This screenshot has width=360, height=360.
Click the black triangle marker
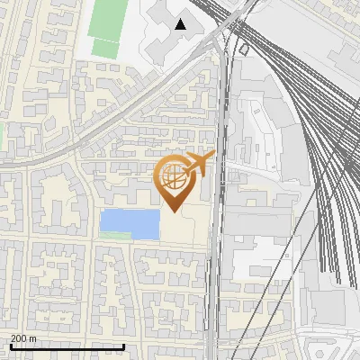click(x=182, y=24)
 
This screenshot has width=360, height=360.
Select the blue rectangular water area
click(x=129, y=222)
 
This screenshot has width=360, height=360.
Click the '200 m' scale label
click(x=24, y=338)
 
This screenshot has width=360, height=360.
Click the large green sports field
click(x=108, y=19)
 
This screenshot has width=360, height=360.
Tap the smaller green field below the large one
click(x=105, y=49)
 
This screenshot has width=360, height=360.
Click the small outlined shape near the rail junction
click(x=244, y=49)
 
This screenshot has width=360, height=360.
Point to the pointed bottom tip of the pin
click(x=173, y=211)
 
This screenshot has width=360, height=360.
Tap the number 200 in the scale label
click(x=19, y=338)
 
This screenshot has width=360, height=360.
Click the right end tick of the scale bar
click(x=123, y=346)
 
